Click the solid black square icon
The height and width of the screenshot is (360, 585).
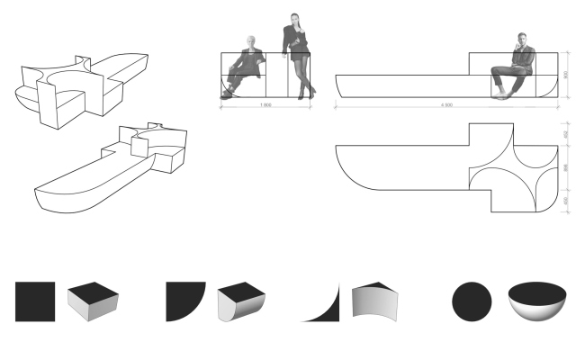point(35,301)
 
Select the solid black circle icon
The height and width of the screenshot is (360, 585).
point(471,301)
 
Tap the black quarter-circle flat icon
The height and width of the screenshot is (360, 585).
point(184,301)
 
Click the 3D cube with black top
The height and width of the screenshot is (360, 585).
point(94,302)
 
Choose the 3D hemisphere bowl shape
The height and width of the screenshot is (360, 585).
point(538,301)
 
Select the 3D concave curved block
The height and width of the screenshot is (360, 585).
point(376,301)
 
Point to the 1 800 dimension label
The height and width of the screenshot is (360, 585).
point(266,105)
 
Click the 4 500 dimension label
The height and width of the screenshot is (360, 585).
point(446,105)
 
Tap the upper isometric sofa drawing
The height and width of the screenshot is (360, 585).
point(76,85)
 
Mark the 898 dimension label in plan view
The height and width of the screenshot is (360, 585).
point(564,167)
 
